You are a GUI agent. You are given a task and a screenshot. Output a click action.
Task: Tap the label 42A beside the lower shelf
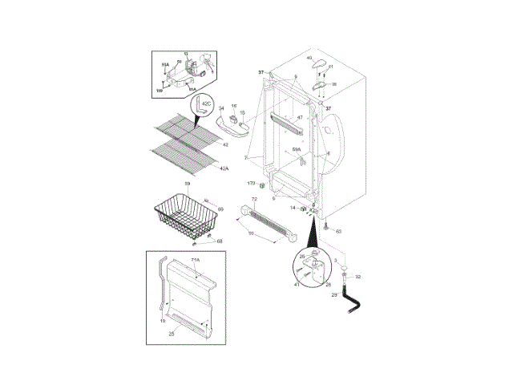(224, 168)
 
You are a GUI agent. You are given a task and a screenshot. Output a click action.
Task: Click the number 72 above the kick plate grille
(253, 199)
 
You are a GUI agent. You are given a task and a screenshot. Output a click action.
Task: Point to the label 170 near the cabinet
(250, 184)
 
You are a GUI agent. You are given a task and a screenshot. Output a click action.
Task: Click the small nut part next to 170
(262, 184)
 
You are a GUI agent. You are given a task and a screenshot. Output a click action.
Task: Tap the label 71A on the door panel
(196, 261)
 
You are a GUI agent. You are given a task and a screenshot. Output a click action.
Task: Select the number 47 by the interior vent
(300, 118)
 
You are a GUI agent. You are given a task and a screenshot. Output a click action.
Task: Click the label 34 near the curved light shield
(221, 108)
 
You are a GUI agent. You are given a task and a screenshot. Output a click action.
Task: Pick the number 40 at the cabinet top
(309, 58)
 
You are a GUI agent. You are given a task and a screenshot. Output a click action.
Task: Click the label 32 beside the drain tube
(358, 277)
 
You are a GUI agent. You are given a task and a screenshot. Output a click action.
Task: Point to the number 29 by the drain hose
(334, 295)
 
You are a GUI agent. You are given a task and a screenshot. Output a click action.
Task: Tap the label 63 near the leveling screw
(338, 231)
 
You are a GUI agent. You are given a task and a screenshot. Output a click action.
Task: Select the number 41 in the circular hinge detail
(297, 284)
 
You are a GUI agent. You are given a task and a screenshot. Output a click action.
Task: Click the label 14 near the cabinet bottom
(293, 208)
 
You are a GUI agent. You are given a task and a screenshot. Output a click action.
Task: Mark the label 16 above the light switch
(234, 105)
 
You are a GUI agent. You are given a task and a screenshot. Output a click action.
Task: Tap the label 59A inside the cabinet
(297, 149)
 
